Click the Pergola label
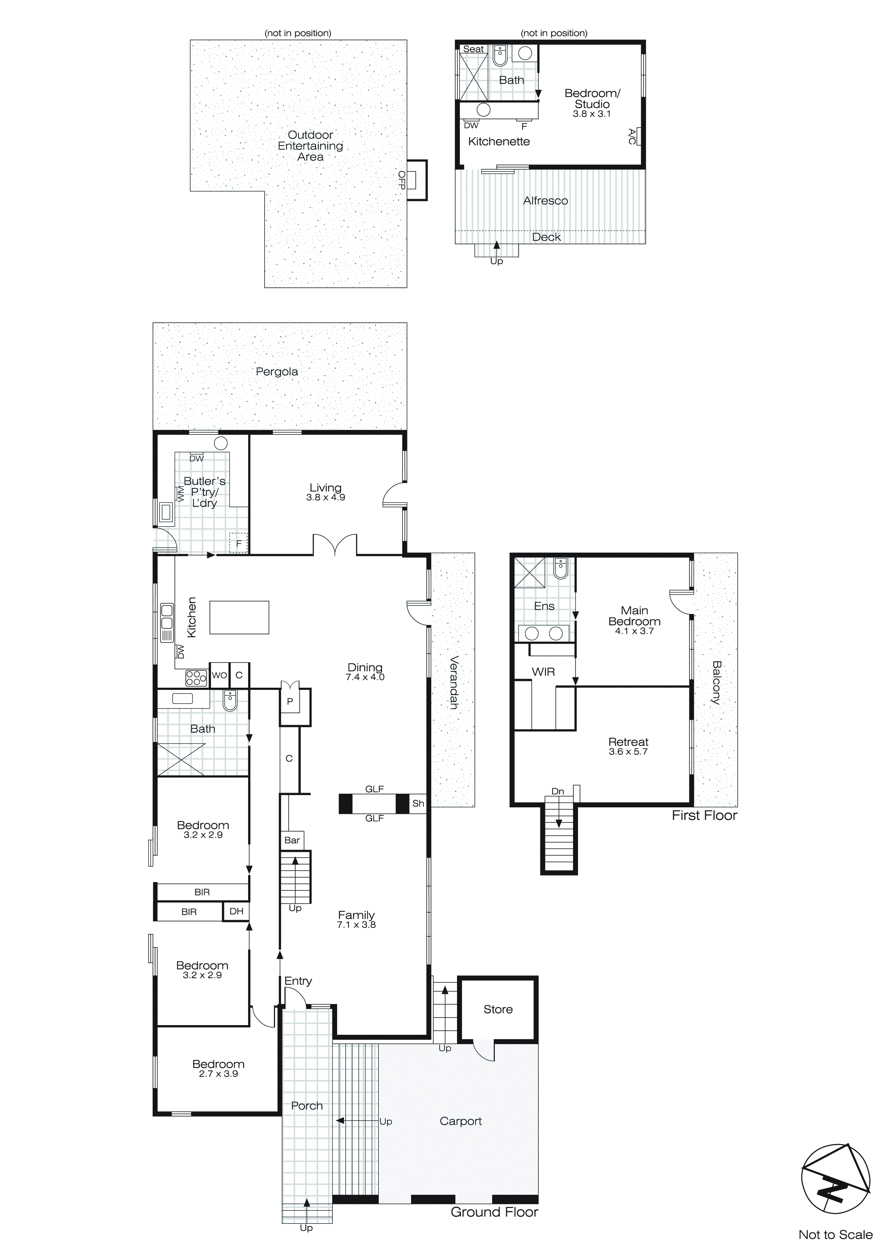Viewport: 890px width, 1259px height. tap(277, 372)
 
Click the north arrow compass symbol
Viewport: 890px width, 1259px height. tap(836, 1179)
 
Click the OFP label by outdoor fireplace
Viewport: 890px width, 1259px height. tap(402, 180)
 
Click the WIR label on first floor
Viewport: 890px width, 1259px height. tap(543, 672)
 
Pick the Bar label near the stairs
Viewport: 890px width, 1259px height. tap(292, 840)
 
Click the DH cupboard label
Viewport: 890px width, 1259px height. tap(236, 911)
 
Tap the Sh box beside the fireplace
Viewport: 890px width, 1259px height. tap(418, 803)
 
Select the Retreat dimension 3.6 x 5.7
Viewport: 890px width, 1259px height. tap(628, 752)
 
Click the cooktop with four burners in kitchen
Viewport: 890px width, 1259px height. tap(196, 678)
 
